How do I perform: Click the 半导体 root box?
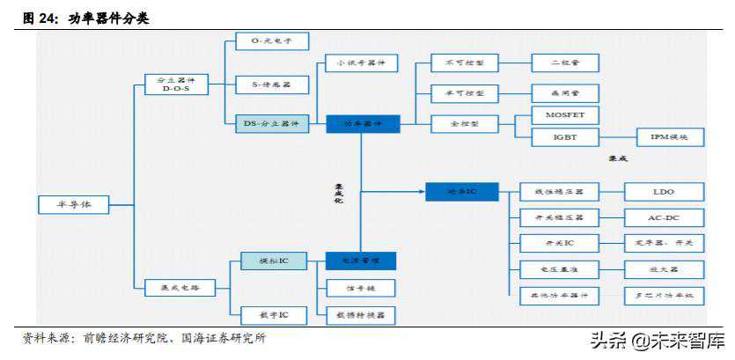pyautogui.click(x=74, y=204)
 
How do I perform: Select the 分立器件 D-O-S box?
pyautogui.click(x=177, y=84)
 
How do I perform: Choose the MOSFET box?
pyautogui.click(x=565, y=115)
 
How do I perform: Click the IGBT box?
pyautogui.click(x=565, y=137)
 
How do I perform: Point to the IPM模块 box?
pyautogui.click(x=670, y=137)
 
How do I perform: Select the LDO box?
pyautogui.click(x=664, y=192)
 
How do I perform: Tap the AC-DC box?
pyautogui.click(x=664, y=217)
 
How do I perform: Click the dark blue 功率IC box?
pyautogui.click(x=461, y=191)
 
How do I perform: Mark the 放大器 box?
pyautogui.click(x=664, y=269)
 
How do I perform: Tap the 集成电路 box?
pyautogui.click(x=179, y=286)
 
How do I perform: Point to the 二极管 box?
pyautogui.click(x=565, y=62)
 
